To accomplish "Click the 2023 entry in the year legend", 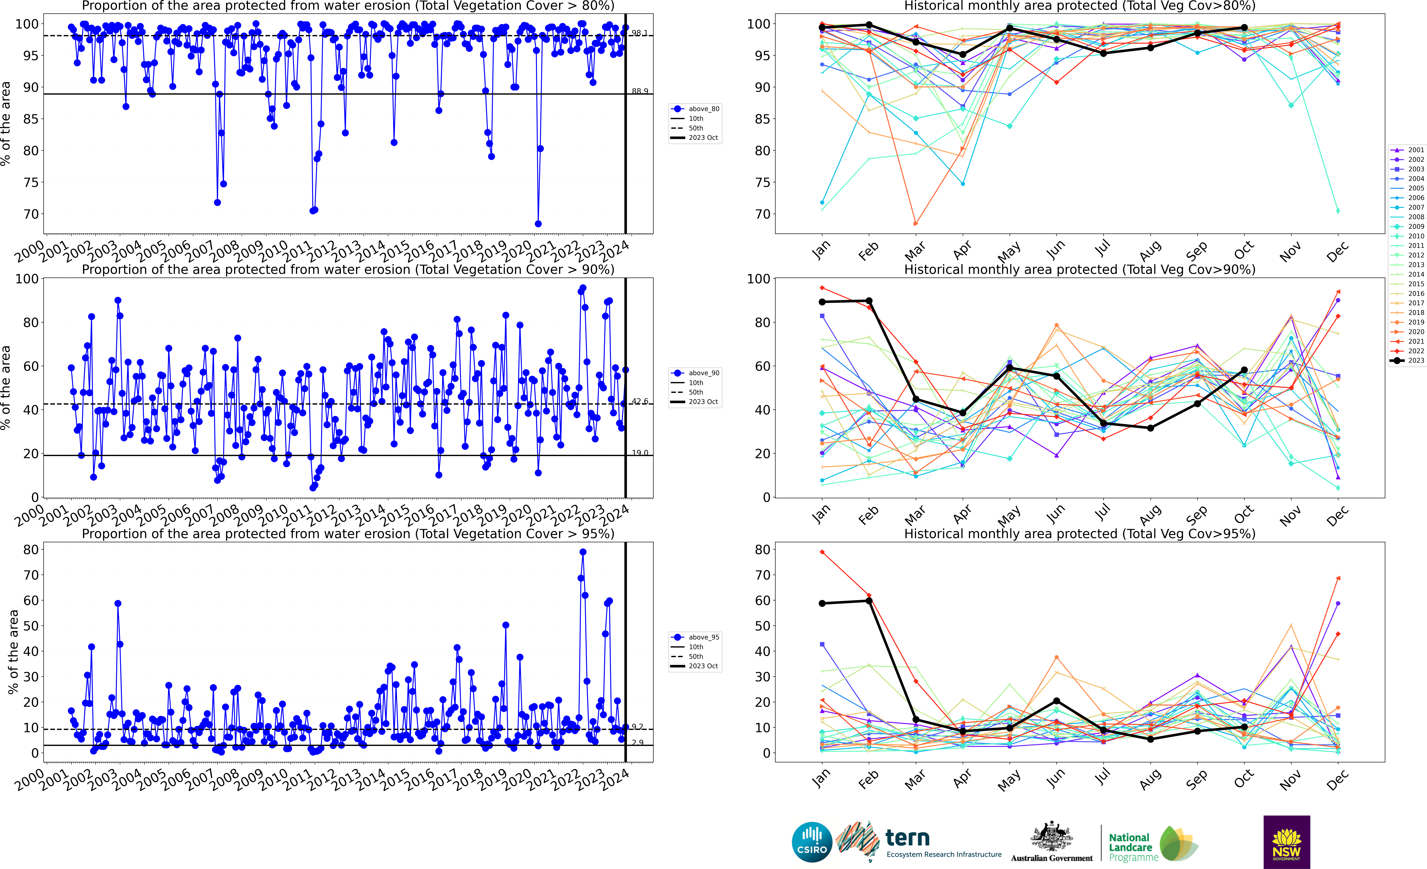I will click(x=1407, y=360).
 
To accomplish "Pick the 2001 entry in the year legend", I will click(x=1407, y=150).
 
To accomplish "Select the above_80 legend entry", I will click(x=696, y=109).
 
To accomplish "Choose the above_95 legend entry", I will click(x=696, y=637).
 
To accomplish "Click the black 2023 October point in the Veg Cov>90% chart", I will click(x=1244, y=370).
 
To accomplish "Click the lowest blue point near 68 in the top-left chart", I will click(x=538, y=224).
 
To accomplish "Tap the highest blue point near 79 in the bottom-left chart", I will click(x=583, y=552).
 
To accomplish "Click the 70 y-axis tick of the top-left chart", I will click(x=31, y=214).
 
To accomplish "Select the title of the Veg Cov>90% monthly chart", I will click(x=1080, y=269).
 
